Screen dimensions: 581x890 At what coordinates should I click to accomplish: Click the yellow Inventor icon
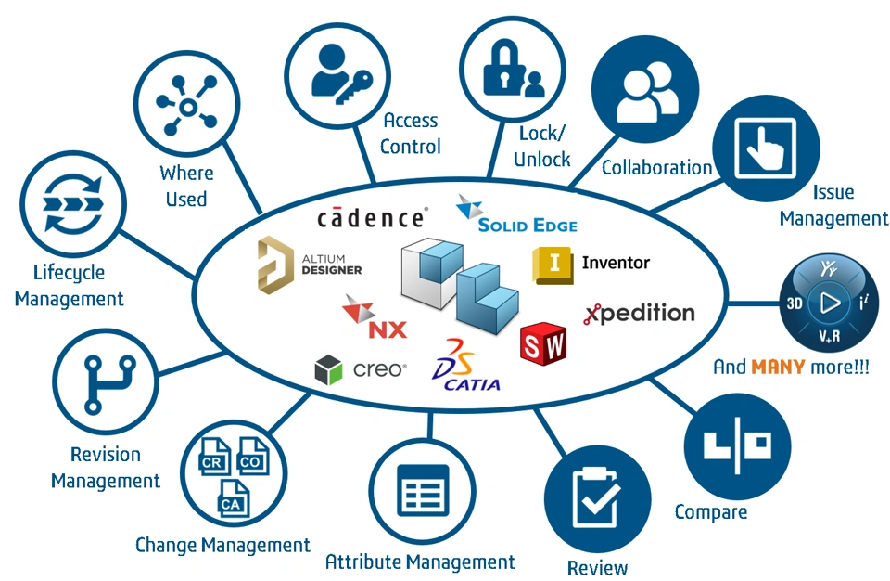(x=553, y=265)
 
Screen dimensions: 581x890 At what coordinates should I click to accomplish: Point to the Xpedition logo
(x=639, y=313)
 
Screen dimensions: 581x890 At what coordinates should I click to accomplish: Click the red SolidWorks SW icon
(x=543, y=341)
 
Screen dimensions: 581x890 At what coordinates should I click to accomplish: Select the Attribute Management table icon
(x=422, y=489)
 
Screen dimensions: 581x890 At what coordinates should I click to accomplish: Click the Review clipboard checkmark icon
(x=594, y=498)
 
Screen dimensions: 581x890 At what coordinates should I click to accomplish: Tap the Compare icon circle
(x=736, y=444)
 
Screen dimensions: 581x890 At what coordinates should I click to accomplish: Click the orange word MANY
(x=779, y=367)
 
